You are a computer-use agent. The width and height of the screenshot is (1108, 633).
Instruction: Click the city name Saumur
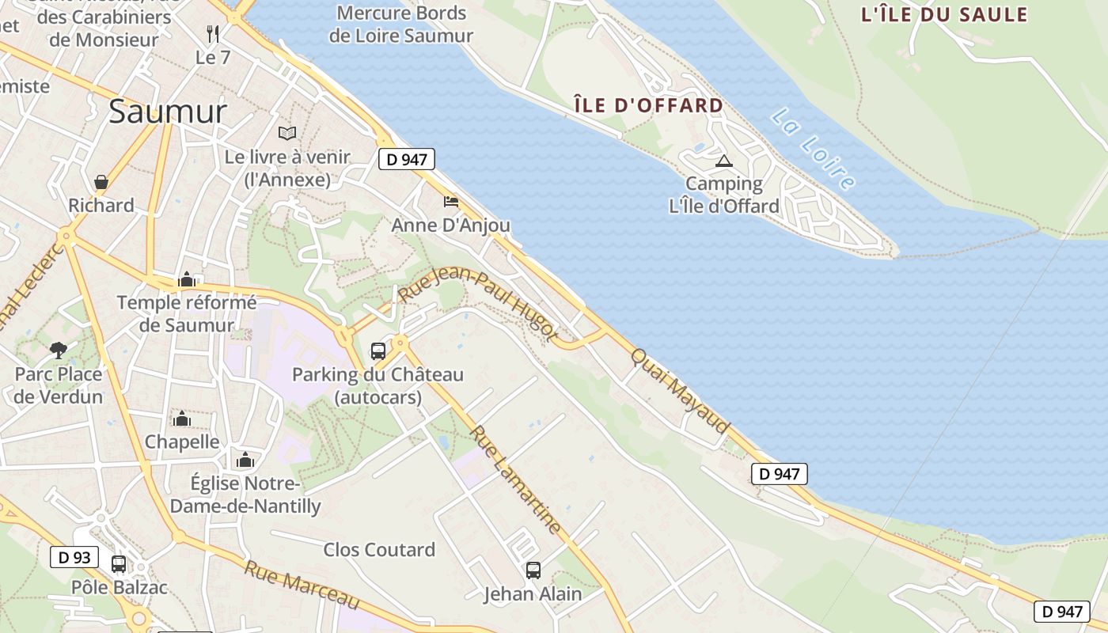point(168,112)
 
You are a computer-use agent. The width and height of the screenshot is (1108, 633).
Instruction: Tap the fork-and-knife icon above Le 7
point(212,33)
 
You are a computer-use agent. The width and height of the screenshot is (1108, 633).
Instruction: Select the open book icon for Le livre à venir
point(287,134)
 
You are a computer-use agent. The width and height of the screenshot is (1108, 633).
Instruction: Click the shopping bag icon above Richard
point(101,182)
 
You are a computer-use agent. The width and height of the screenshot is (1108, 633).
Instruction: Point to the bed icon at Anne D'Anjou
point(451,202)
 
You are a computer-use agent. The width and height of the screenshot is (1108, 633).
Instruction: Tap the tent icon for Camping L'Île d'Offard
point(723,161)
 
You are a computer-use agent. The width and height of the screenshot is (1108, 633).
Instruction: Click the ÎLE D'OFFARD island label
point(649,105)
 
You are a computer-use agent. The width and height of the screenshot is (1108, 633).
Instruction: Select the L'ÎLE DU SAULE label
point(943,14)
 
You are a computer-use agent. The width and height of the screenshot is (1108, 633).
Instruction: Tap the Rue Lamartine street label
point(516,479)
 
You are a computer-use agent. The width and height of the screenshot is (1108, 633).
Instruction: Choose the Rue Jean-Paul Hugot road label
point(478,304)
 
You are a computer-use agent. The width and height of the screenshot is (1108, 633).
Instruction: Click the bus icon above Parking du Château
point(378,351)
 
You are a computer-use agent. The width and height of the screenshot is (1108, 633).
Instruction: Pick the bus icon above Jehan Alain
point(533,570)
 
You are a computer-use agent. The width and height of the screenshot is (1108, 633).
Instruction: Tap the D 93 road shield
point(74,557)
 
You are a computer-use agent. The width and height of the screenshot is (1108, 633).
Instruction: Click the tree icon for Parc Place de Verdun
point(58,350)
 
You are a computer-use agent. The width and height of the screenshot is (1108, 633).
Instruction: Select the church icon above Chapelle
point(182,418)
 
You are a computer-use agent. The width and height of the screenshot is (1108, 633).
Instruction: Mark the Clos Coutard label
point(379,549)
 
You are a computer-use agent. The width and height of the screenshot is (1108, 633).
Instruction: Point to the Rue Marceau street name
point(302,585)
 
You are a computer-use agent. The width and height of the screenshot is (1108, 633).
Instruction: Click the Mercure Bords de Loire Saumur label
point(401,24)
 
